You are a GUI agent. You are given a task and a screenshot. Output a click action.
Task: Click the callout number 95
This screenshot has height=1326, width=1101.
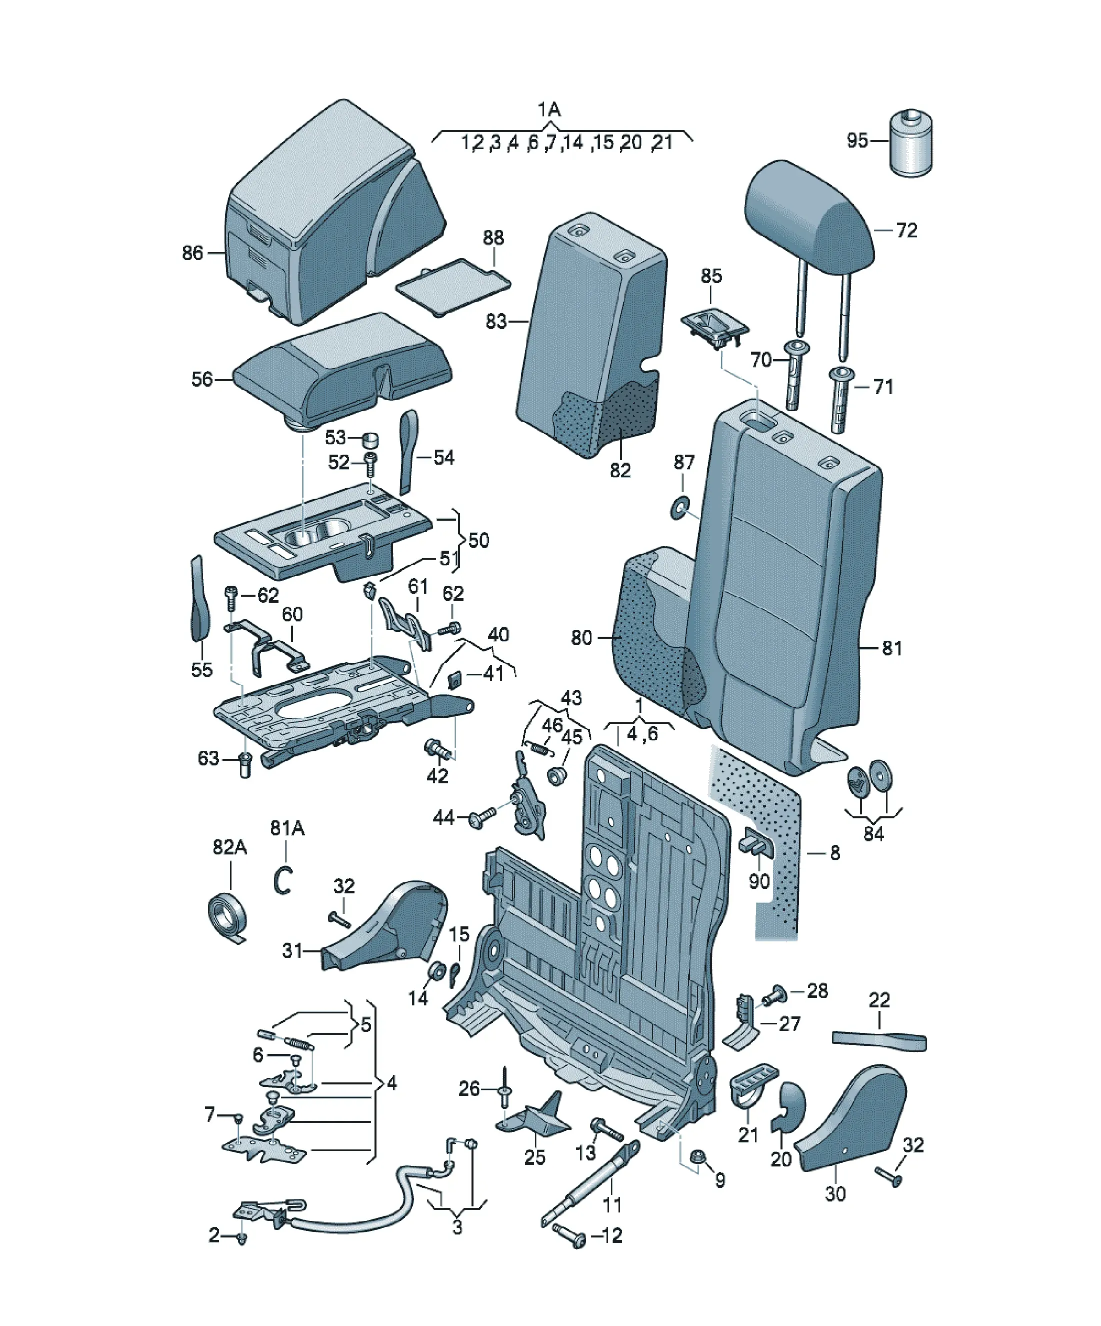(857, 140)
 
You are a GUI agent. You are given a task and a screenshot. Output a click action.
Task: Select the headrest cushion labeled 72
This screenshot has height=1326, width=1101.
(809, 212)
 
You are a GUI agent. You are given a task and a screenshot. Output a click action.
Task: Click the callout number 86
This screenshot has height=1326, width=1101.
(192, 253)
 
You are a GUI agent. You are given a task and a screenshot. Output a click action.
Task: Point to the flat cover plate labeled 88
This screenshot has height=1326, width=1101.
(452, 284)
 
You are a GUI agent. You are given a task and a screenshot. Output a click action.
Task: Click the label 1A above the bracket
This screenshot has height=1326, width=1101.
(549, 110)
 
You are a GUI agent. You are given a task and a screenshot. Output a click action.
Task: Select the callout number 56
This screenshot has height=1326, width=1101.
(202, 380)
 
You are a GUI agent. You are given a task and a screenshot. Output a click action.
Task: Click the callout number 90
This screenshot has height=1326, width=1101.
(759, 881)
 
